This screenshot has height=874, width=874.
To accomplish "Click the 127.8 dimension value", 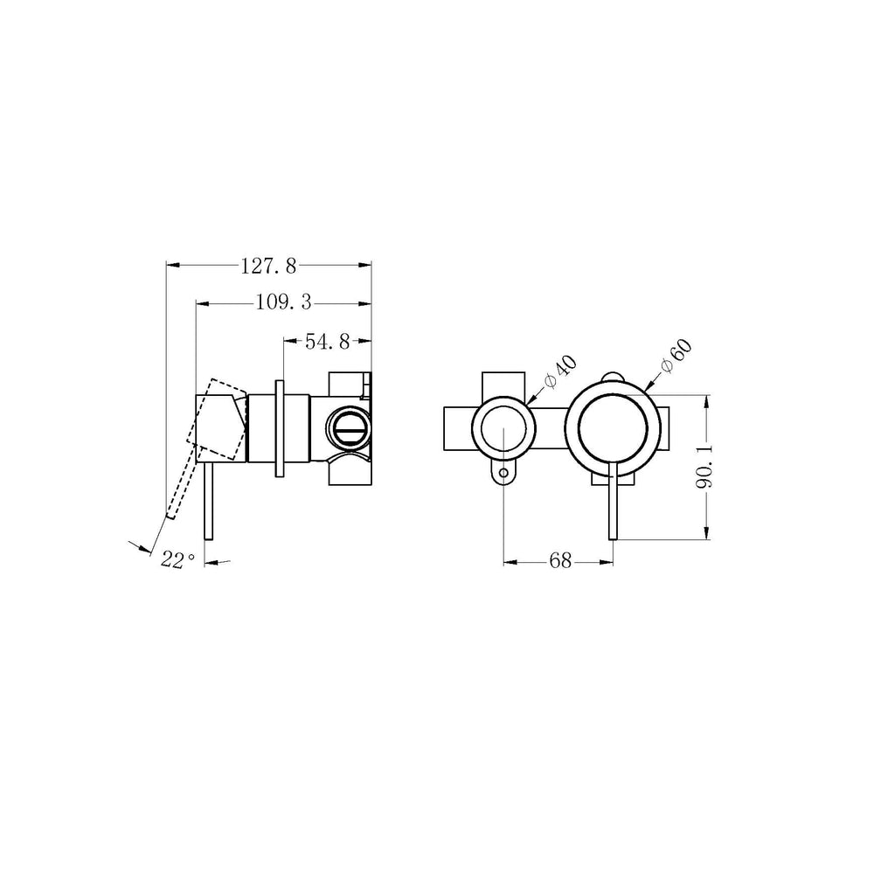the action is (268, 267).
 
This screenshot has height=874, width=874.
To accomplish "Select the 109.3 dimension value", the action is (283, 303).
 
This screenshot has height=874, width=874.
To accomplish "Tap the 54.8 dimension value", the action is (327, 341).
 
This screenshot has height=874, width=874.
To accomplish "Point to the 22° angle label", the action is (177, 559).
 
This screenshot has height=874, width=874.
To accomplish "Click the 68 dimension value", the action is (560, 561).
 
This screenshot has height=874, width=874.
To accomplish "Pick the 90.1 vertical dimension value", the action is (705, 467).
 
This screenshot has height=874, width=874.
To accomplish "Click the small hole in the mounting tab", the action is (504, 473).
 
